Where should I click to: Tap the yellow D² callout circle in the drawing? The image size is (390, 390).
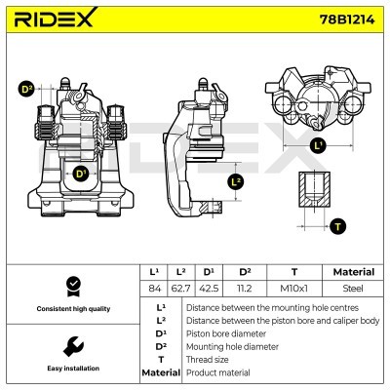[x=26, y=90]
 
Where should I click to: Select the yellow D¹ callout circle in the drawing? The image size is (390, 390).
[x=80, y=175]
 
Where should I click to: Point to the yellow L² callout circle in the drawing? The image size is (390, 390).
[x=235, y=181]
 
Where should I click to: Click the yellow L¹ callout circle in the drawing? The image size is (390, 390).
[x=318, y=146]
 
